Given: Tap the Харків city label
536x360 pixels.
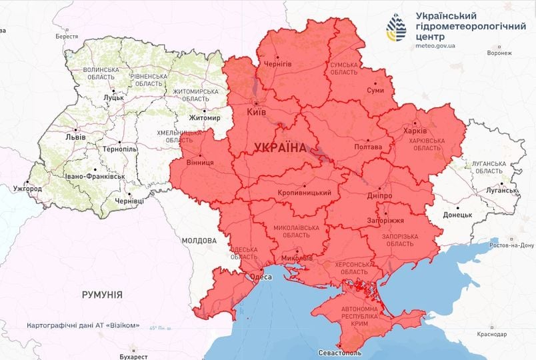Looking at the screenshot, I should pos(411,131).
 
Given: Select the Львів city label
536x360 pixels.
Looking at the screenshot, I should pos(75,137).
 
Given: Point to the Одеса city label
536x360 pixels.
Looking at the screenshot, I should pos(261,277).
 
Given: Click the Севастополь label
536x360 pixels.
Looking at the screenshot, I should pos(339,351).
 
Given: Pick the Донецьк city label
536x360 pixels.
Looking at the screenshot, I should pos(457,215).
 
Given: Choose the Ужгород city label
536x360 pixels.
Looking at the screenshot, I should pos(27,189).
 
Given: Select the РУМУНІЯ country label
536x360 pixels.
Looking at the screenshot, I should pos(101,294).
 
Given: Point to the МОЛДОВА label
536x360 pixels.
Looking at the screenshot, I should pos(199,240).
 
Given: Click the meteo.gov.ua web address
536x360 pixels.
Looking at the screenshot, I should pos(435,46).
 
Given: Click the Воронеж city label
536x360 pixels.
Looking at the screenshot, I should pos(499,53).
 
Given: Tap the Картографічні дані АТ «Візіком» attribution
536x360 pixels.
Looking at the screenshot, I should pos(83,325).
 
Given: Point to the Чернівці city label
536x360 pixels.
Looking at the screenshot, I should pos(129,201).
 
